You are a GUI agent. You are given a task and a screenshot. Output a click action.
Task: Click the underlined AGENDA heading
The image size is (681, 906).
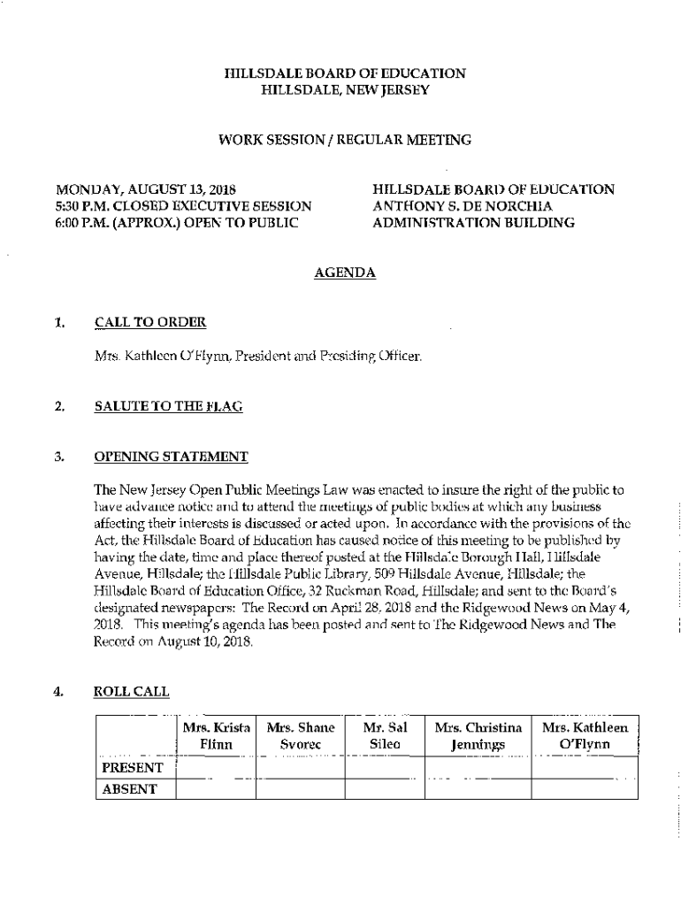tap(345, 273)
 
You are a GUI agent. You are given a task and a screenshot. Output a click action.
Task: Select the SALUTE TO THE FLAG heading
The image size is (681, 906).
tap(168, 406)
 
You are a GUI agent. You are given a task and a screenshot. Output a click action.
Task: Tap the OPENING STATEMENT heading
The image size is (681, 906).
tap(171, 457)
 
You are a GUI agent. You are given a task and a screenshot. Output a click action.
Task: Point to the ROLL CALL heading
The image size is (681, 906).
tap(131, 692)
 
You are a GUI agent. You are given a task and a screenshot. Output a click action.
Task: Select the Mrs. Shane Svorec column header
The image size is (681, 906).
tap(301, 736)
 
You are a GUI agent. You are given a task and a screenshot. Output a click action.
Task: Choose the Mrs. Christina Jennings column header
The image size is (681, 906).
tap(478, 736)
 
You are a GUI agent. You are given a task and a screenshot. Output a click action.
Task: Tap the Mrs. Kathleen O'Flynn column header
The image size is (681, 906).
tap(585, 736)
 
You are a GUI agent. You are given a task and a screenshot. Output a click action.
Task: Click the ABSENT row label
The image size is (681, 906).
tap(130, 789)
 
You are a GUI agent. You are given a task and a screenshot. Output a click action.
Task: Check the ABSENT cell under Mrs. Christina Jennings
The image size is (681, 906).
tap(478, 789)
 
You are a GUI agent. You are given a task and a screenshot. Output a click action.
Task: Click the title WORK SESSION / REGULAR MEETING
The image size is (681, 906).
tap(345, 140)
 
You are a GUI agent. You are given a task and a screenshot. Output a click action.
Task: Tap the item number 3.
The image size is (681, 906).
tap(59, 457)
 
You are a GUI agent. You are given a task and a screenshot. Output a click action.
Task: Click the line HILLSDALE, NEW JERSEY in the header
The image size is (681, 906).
tap(345, 90)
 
